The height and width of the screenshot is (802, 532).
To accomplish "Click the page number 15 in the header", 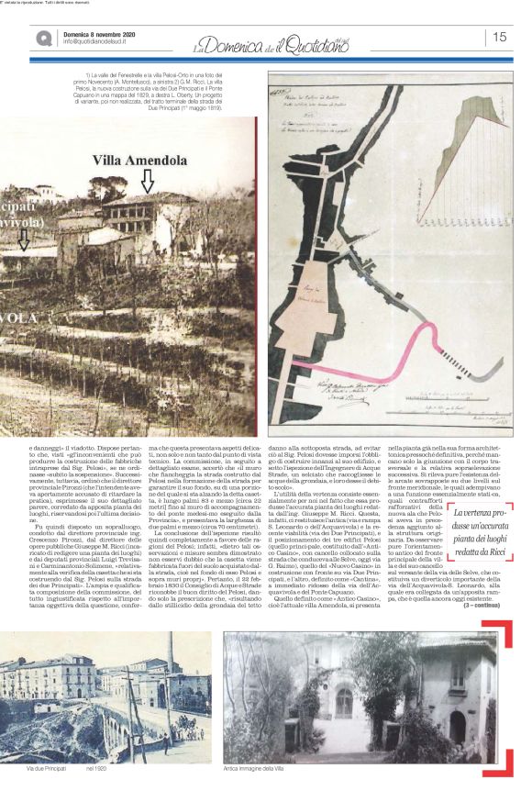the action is [x=500, y=37].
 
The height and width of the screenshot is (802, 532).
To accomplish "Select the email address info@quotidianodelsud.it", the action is [x=101, y=41].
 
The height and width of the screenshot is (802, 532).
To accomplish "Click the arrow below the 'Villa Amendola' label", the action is [x=147, y=182].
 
